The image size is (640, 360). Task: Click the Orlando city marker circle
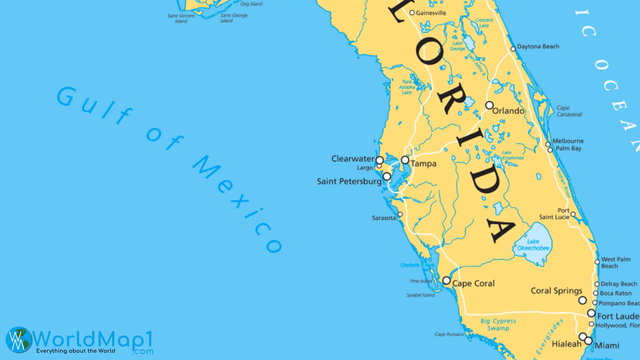[489, 105]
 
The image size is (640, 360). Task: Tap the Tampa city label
[423, 164]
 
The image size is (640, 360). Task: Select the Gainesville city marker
[412, 13]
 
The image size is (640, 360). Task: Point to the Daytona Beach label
[538, 47]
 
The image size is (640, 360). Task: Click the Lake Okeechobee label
[533, 245]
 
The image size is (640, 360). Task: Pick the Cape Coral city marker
[447, 281]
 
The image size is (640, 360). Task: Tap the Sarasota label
[384, 218]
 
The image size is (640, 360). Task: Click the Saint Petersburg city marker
[387, 176]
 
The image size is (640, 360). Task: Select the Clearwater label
[353, 159]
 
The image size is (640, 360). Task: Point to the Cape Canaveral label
[569, 111]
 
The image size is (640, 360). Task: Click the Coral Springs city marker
[582, 300]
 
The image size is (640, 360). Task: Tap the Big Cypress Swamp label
[498, 324]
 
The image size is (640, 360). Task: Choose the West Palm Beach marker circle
[597, 262]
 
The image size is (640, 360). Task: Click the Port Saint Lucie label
[554, 214]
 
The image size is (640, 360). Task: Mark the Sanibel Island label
[420, 295]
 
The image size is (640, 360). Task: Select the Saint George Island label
[234, 18]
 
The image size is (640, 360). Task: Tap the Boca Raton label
[615, 293]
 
